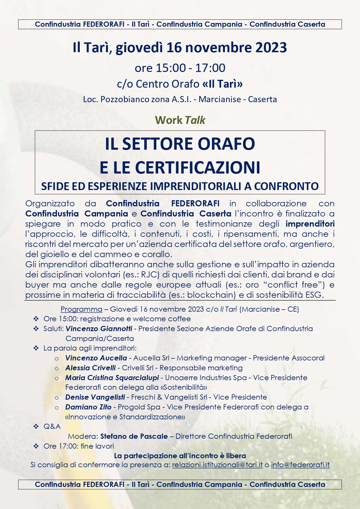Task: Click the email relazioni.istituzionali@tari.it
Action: click(217, 465)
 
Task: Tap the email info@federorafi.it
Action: click(300, 465)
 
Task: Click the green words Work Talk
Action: click(180, 120)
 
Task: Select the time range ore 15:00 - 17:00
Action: click(180, 68)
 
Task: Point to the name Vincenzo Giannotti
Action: click(99, 329)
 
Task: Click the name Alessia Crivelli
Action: click(91, 368)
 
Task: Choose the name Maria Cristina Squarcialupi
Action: click(112, 378)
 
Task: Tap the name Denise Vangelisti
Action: click(95, 397)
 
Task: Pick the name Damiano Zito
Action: click(88, 407)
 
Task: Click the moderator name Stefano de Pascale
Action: click(134, 436)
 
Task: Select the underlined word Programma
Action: click(81, 309)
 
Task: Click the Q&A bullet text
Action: click(52, 427)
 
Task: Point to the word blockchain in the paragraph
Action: click(211, 295)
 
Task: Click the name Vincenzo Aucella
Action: click(96, 358)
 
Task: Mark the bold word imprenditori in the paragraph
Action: click(310, 224)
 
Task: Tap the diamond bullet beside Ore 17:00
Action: click(36, 446)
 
